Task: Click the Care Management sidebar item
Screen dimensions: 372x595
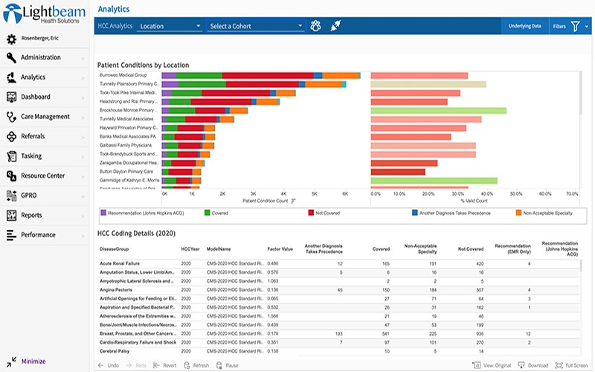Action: click(x=44, y=117)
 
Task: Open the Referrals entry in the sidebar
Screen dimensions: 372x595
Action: click(x=33, y=136)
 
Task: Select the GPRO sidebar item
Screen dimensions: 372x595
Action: click(x=30, y=196)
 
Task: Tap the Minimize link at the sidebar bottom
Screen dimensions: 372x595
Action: click(x=33, y=361)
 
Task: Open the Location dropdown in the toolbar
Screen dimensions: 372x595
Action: click(x=170, y=26)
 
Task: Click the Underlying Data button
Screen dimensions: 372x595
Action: click(x=524, y=26)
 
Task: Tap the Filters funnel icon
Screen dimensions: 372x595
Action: click(x=575, y=26)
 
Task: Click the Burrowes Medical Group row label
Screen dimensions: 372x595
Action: click(x=123, y=75)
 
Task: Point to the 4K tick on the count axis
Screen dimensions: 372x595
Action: click(x=284, y=193)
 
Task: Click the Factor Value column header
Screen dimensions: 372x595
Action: click(x=280, y=249)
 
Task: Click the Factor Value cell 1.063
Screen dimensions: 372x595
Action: click(x=273, y=281)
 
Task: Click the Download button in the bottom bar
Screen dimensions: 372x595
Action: click(x=534, y=365)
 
